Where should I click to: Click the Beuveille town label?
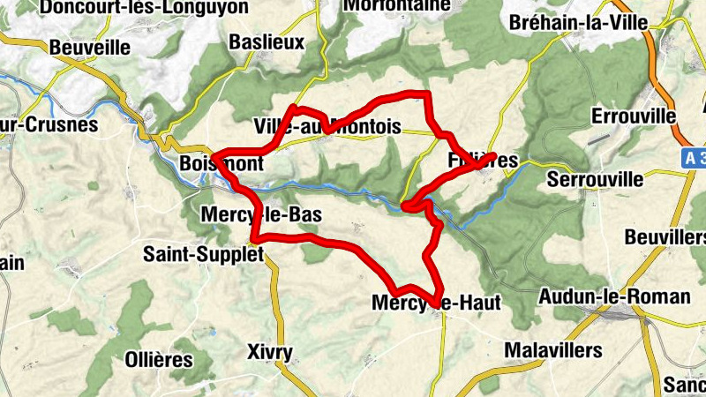pyautogui.click(x=90, y=47)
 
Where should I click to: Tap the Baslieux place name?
pyautogui.click(x=266, y=41)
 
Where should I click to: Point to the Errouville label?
pyautogui.click(x=634, y=116)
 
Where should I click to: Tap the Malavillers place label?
pyautogui.click(x=553, y=350)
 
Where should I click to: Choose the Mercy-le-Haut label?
pyautogui.click(x=436, y=303)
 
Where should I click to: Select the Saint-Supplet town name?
pyautogui.click(x=204, y=255)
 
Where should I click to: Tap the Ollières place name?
pyautogui.click(x=159, y=359)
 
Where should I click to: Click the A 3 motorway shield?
pyautogui.click(x=695, y=157)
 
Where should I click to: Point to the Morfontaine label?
pyautogui.click(x=392, y=4)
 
